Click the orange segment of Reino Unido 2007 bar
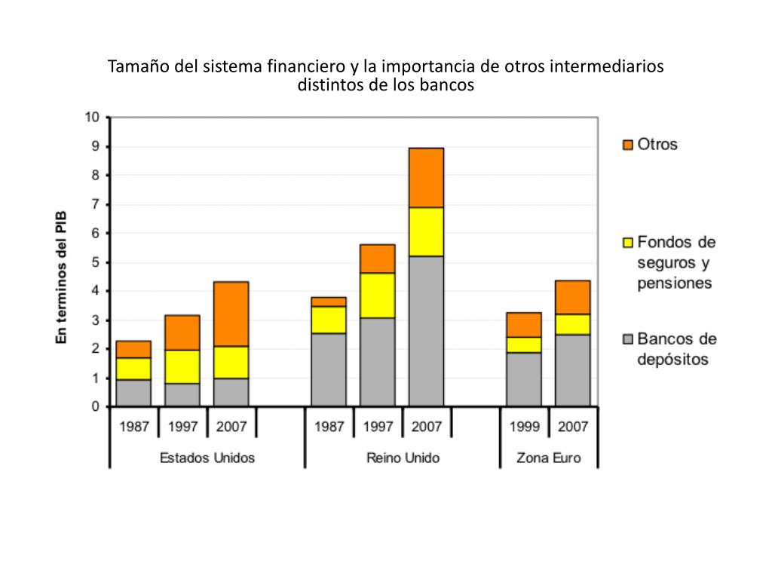pos(426,177)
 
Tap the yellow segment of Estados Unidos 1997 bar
pos(182,366)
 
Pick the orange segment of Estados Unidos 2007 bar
pos(231,314)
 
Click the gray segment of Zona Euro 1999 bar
pos(523,378)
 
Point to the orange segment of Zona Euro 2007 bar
pos(572,297)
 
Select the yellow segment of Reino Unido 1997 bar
pos(377,295)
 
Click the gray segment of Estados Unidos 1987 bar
pos(133,392)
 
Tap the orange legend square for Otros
pos(627,144)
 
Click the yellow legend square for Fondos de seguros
pos(627,243)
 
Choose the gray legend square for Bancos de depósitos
pos(627,339)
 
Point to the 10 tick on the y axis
pos(91,117)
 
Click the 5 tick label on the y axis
pos(95,262)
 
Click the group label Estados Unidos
pos(207,458)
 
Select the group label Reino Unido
pos(402,458)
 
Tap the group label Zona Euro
pos(548,458)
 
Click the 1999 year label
pos(524,427)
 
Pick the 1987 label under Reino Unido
pos(329,427)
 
